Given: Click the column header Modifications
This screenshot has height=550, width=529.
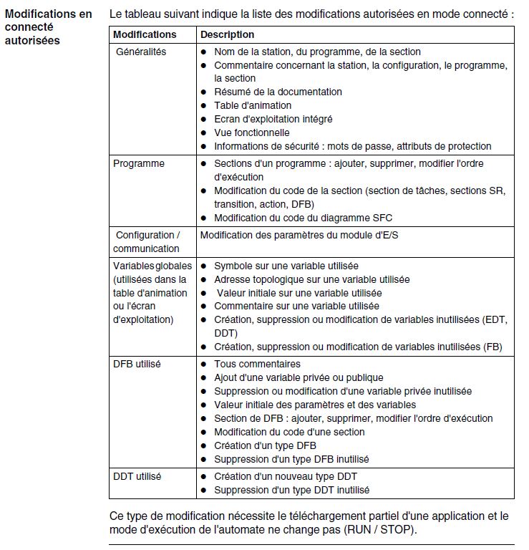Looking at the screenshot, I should [x=145, y=34].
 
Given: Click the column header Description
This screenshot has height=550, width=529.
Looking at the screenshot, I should [x=227, y=34].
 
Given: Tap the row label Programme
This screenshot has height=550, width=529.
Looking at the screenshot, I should [x=139, y=163].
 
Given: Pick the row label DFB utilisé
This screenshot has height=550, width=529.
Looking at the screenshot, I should [x=137, y=364].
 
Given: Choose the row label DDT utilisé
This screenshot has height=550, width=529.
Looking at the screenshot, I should [x=137, y=476].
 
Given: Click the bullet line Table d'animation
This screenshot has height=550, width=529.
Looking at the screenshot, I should [x=253, y=105].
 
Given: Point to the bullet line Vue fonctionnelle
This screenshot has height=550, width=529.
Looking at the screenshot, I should [x=252, y=132].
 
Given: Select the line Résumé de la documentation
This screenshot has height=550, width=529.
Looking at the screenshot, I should [x=278, y=92].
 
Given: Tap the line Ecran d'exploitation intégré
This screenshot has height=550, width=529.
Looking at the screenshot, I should [x=273, y=119].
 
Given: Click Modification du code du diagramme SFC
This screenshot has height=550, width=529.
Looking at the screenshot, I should [x=303, y=218].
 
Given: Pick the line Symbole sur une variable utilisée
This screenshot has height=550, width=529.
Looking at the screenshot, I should [x=286, y=266].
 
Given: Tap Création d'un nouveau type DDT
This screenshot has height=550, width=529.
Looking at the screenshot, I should [x=286, y=476].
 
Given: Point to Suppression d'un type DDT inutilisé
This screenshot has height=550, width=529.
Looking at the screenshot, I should [x=291, y=490].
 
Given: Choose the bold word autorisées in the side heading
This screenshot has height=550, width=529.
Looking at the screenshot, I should [x=32, y=40].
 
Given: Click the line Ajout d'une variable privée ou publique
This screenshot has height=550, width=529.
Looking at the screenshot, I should [x=299, y=377].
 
